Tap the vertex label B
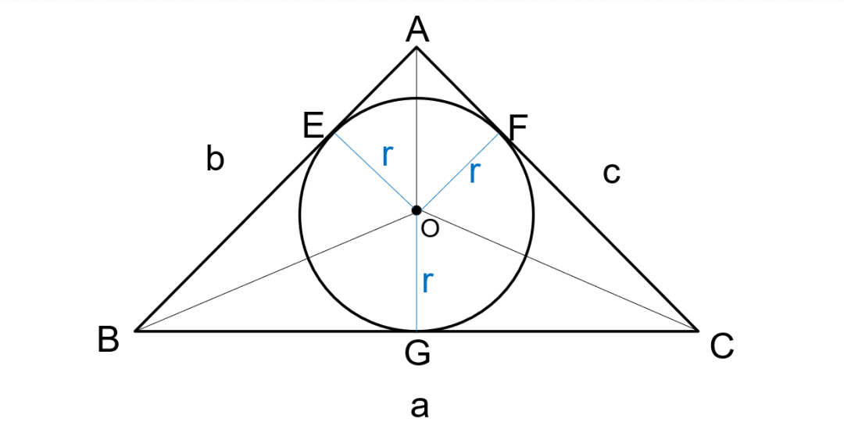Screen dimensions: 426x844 click(109, 341)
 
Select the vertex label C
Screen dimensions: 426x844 click(722, 346)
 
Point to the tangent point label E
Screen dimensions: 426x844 click(314, 126)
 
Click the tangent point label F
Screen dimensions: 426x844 click(518, 127)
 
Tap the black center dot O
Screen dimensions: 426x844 click(417, 210)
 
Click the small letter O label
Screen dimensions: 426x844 click(430, 228)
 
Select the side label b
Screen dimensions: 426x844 click(215, 159)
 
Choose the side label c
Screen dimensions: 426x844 click(611, 173)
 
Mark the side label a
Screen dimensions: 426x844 click(420, 406)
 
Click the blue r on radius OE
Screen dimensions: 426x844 click(387, 156)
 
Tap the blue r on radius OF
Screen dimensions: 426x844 click(474, 173)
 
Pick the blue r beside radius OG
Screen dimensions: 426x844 click(427, 281)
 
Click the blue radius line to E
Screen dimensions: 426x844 click(375, 171)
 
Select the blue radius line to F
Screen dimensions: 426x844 click(458, 171)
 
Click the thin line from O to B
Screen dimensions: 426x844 click(274, 270)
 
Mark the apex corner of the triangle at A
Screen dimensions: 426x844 click(417, 48)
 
